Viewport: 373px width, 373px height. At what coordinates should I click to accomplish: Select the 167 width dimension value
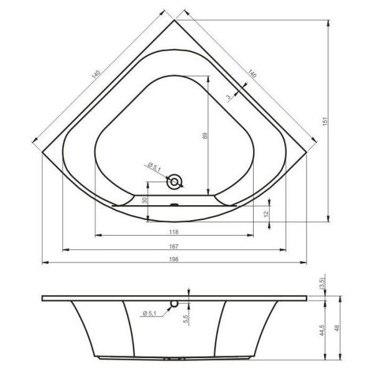click(x=175, y=246)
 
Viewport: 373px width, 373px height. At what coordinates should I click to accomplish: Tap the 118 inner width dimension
click(x=175, y=231)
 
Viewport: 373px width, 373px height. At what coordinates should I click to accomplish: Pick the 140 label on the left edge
click(x=94, y=75)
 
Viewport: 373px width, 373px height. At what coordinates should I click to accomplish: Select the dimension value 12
click(x=265, y=213)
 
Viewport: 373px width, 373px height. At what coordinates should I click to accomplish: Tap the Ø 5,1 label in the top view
click(x=154, y=167)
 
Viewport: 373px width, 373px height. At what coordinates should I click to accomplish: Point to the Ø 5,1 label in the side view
click(x=149, y=313)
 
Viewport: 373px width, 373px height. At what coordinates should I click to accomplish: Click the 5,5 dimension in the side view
click(x=185, y=318)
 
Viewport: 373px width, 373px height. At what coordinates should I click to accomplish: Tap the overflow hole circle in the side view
click(x=175, y=304)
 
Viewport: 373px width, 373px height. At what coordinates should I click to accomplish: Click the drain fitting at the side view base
click(x=175, y=359)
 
